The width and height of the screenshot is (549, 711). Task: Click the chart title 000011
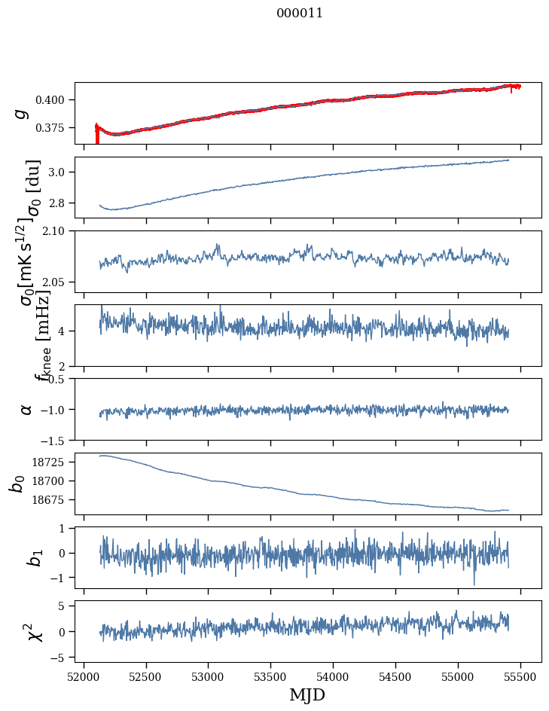pyautogui.click(x=300, y=13)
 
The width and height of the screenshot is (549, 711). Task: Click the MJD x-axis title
pyautogui.click(x=307, y=694)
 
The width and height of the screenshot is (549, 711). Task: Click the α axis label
pyautogui.click(x=26, y=409)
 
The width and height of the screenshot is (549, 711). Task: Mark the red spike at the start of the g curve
pyautogui.click(x=97, y=136)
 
